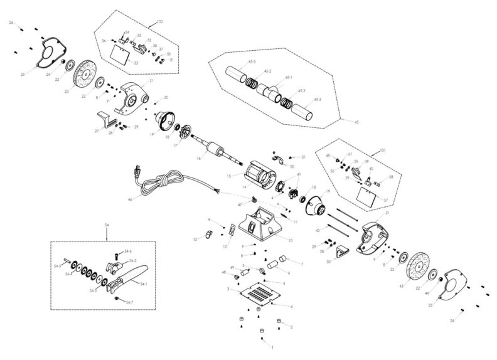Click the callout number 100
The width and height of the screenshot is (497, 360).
[159, 23]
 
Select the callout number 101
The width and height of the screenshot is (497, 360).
[384, 151]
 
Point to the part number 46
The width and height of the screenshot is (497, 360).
[131, 199]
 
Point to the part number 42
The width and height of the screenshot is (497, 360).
[318, 231]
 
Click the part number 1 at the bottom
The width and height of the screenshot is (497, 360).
[272, 346]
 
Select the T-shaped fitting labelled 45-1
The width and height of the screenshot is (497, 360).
[272, 92]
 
